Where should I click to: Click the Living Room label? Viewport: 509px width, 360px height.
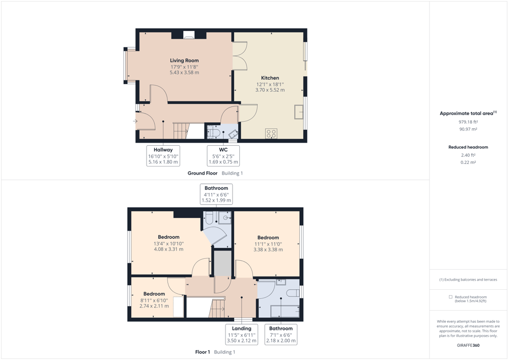(184, 61)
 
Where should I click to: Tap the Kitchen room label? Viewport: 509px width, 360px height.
(270, 78)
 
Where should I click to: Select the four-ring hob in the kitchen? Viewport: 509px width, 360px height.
(271, 133)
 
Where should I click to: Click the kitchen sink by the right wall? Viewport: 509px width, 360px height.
(299, 112)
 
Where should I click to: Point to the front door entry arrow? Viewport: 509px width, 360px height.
(135, 121)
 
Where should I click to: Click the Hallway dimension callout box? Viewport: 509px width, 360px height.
(163, 156)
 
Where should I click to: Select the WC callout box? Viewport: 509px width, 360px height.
(223, 156)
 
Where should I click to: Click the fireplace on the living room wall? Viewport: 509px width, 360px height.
(188, 35)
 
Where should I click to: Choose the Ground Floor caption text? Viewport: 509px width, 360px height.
(203, 173)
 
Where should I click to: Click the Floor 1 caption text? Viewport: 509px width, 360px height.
(203, 352)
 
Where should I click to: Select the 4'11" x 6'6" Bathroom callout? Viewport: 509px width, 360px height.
(216, 194)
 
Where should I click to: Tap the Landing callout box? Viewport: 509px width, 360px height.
(241, 335)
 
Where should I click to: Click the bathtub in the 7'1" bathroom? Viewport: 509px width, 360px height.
(285, 311)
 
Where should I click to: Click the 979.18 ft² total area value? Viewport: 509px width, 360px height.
(468, 122)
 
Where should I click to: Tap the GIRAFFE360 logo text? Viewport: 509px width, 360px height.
(468, 345)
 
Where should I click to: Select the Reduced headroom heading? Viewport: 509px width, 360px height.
(468, 147)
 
